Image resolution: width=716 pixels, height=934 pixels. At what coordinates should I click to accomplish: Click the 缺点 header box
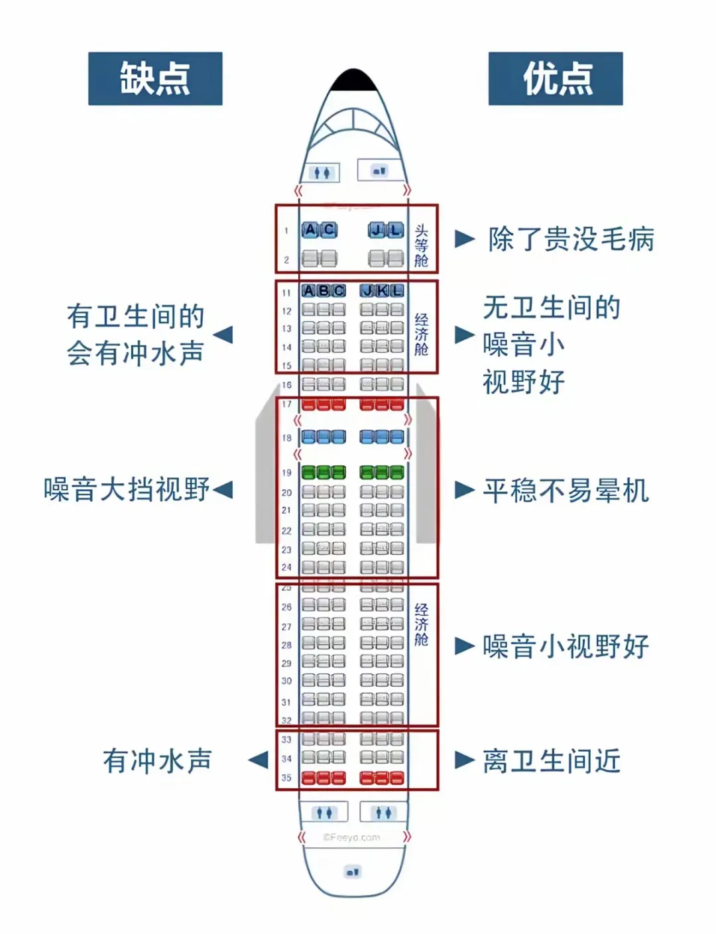(x=155, y=79)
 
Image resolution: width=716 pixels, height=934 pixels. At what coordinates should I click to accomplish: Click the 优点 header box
(x=556, y=79)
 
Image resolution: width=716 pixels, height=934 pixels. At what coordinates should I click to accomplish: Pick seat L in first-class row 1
(x=395, y=230)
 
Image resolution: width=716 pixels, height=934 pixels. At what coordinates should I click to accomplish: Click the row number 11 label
(x=286, y=292)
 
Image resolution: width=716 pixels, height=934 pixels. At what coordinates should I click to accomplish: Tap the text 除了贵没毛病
(x=571, y=239)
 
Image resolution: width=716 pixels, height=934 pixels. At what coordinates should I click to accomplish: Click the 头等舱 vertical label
(x=422, y=245)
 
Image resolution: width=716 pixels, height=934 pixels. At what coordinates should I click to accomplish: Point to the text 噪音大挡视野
(x=127, y=489)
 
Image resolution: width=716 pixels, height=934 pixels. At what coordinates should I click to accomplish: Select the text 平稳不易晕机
(x=566, y=491)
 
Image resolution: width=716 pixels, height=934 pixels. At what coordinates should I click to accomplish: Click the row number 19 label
(x=286, y=473)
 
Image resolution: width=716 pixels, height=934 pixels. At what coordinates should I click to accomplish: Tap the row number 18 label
(x=286, y=438)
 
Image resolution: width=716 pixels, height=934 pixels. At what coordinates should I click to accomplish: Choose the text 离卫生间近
(x=552, y=760)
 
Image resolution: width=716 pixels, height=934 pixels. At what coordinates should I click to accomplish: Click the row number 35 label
(x=286, y=778)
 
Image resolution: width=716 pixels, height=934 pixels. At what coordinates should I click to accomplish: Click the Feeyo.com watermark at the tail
(x=351, y=837)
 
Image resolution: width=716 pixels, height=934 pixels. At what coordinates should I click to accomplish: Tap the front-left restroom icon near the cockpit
(x=322, y=172)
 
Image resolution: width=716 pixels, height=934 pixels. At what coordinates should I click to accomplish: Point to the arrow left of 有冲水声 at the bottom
(x=258, y=760)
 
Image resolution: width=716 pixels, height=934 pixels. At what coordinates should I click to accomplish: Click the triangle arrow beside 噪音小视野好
(x=465, y=646)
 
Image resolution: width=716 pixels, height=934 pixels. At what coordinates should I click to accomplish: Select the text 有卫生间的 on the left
(x=135, y=316)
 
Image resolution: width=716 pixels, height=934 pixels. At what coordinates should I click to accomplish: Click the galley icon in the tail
(x=353, y=872)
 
